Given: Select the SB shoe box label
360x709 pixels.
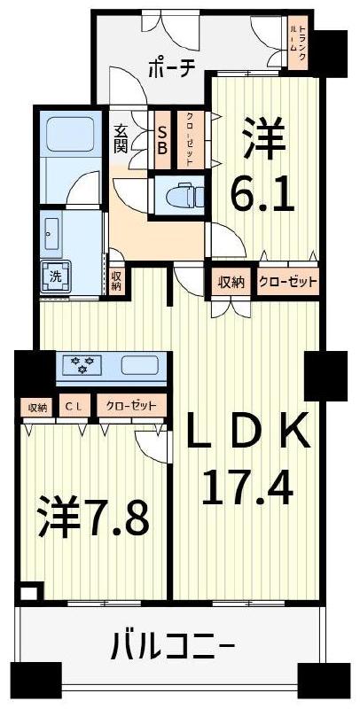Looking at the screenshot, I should tap(162, 139).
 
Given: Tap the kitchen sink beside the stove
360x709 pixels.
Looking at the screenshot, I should tap(141, 364).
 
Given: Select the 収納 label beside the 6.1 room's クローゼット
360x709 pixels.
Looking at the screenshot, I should tap(231, 283).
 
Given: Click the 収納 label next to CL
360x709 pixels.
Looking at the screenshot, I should tap(36, 407).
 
